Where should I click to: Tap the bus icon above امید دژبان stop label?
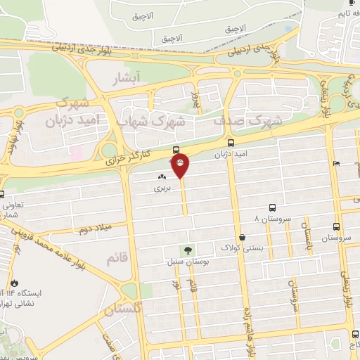[x=176, y=150]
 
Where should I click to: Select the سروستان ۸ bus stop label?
[x=266, y=219]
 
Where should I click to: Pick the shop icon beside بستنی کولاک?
[x=243, y=237]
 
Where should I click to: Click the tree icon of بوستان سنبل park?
[x=188, y=250]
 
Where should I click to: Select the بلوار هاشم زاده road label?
[x=248, y=323]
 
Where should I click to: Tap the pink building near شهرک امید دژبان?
[x=77, y=152]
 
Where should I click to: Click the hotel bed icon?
[x=337, y=164]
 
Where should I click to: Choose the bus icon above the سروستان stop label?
[x=337, y=227]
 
